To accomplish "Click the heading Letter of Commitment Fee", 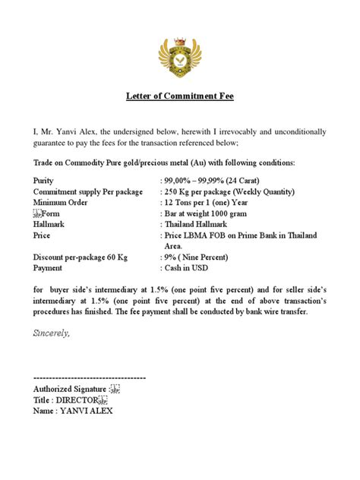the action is point(179,96).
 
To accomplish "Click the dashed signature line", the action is point(90,377).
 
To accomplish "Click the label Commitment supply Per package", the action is point(88,192).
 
